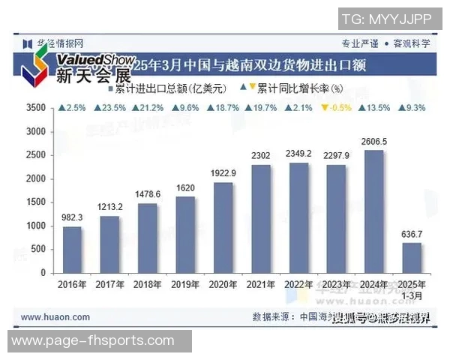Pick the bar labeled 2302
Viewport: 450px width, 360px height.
click(x=261, y=219)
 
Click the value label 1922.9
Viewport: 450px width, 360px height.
click(x=223, y=173)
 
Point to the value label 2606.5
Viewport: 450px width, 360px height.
click(x=373, y=141)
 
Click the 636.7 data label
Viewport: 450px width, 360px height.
click(x=412, y=234)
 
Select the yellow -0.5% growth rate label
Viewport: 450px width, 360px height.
click(x=335, y=108)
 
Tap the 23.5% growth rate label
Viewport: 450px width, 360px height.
click(x=109, y=108)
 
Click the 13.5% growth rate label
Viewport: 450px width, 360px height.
click(x=373, y=108)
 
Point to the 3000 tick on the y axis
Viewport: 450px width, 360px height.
click(x=35, y=132)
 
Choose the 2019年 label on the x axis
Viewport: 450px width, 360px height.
click(x=185, y=285)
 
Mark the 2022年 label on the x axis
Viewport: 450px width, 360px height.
click(x=298, y=285)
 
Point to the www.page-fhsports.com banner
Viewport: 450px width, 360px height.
click(x=93, y=342)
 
